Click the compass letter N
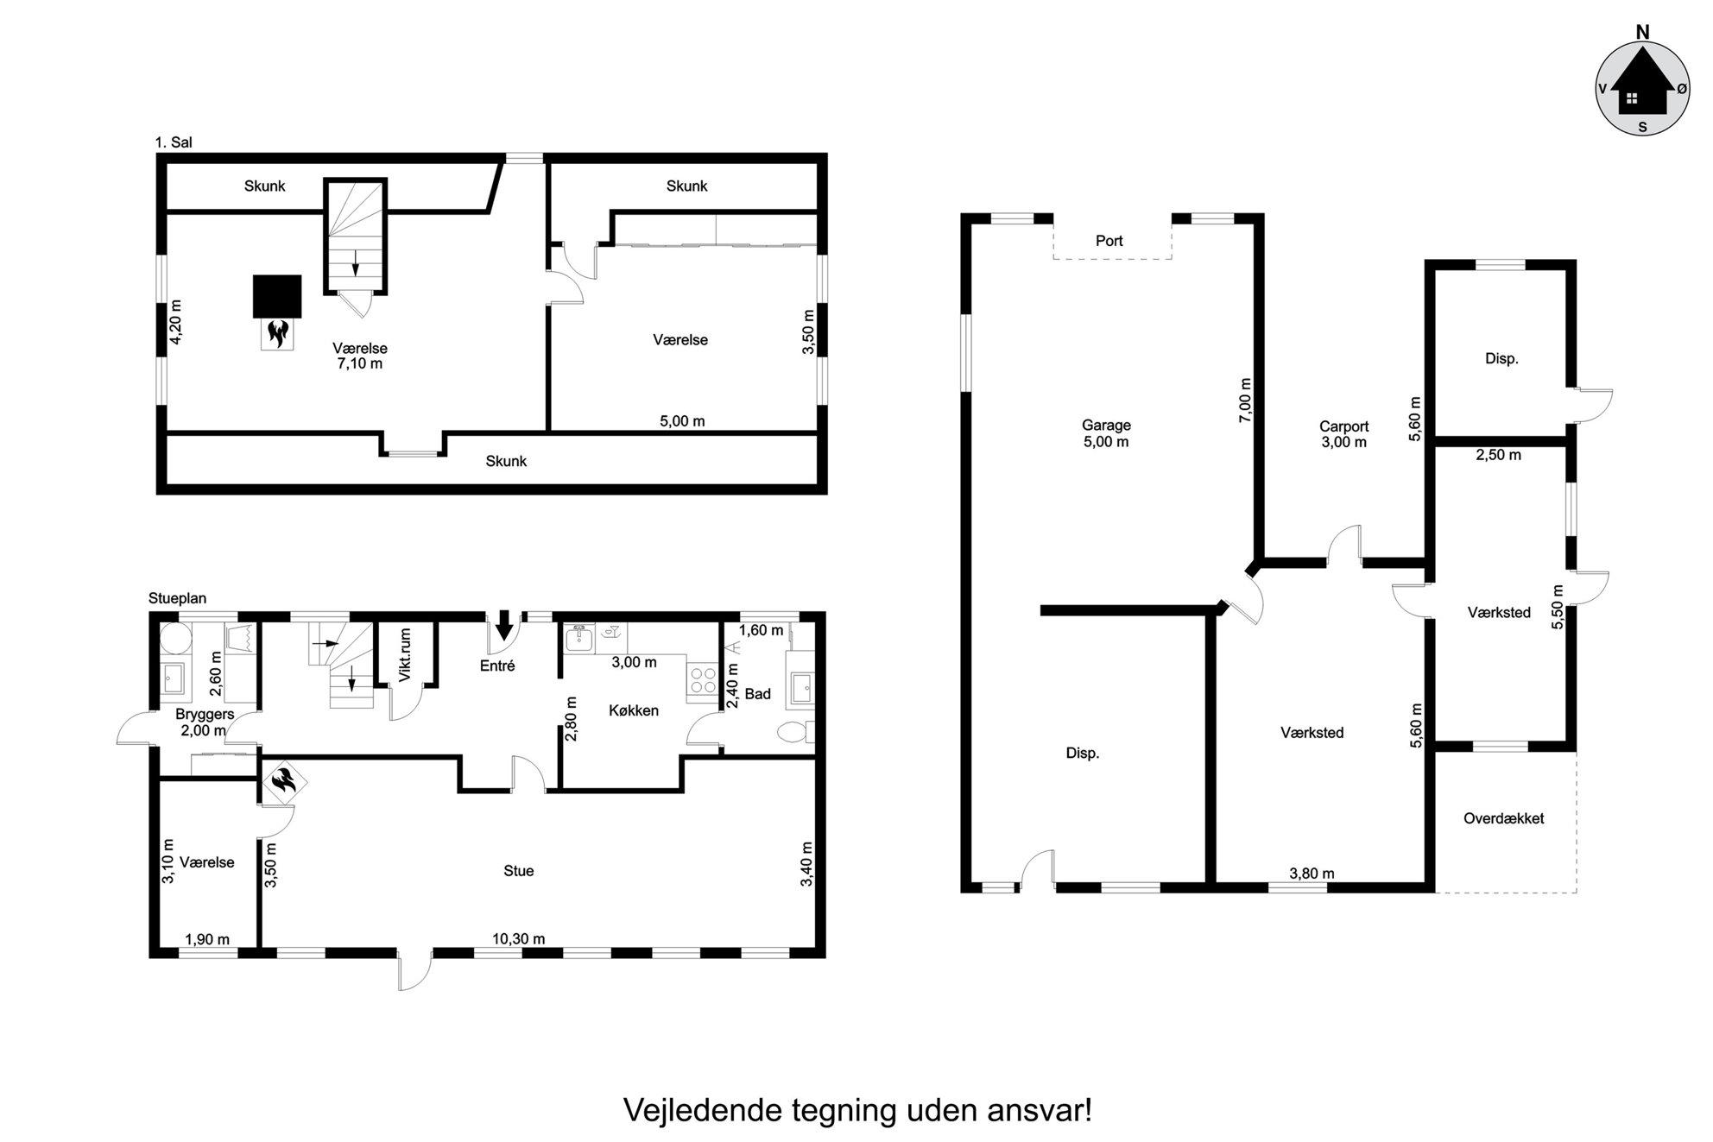1642,32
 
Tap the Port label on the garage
1109,241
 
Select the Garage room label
1106,425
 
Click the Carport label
1343,426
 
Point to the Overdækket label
1503,818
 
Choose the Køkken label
634,710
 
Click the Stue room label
518,871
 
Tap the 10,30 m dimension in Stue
518,939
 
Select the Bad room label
757,694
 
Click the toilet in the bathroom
794,733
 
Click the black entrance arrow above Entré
504,624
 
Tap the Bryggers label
205,715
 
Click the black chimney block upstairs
277,296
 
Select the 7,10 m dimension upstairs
360,363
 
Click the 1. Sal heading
174,142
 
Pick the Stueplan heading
177,598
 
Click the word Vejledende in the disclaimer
703,1110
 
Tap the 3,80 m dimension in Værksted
1312,874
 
